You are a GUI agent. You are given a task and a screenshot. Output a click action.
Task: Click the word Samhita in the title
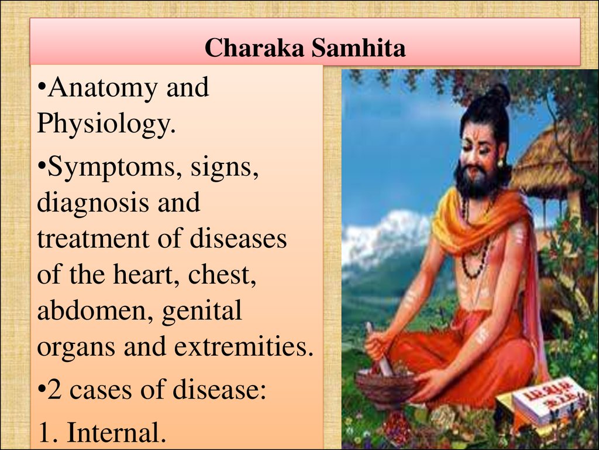click(x=358, y=48)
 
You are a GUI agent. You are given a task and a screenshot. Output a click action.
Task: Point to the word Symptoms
click(x=115, y=168)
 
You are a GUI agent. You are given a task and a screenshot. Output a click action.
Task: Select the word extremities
click(x=244, y=346)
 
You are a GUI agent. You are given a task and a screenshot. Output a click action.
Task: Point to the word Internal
click(x=116, y=432)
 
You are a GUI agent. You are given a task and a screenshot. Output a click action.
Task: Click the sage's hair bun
click(x=498, y=96)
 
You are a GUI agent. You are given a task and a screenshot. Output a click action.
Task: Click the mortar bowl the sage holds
click(x=386, y=387)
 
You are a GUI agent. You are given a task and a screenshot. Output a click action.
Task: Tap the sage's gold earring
click(x=500, y=163)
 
